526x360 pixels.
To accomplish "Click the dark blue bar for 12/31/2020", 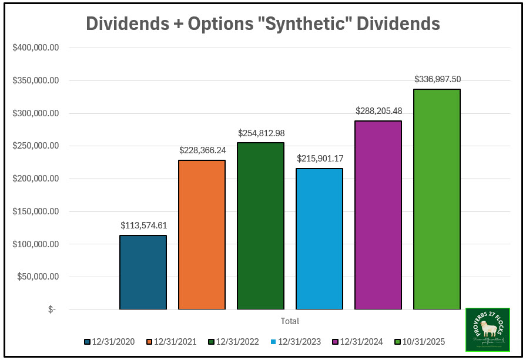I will pos(143,272).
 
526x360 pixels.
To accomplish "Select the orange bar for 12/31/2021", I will pos(202,234).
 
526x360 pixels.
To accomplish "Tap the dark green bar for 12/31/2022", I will pos(260,226).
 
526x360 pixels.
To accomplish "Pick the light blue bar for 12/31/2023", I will pos(319,238).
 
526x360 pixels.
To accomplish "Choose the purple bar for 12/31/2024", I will pos(378,215).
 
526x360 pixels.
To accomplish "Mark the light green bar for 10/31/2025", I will pos(437,199).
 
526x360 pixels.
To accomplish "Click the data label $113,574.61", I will pos(143,225).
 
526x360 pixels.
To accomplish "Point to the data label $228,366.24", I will pos(202,150).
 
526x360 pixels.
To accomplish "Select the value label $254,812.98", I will pos(261,133).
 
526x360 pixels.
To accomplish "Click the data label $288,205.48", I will pos(378,110).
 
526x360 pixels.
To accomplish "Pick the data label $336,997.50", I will pos(437,78).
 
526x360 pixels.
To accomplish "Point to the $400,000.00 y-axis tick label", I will pos(35,48).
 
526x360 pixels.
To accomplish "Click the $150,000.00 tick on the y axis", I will pos(35,211).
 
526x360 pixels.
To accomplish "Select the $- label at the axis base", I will pos(52,309).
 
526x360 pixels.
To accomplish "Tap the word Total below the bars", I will pos(290,321).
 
